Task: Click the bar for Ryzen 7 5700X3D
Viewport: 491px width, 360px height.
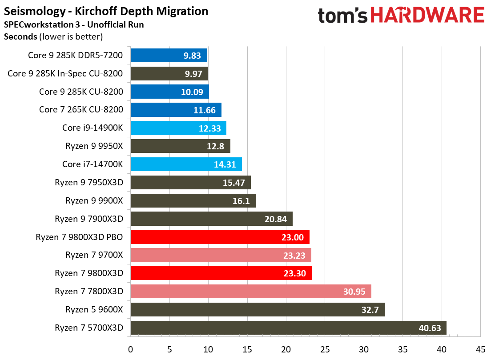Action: pyautogui.click(x=288, y=328)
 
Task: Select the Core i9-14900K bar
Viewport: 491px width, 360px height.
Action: pyautogui.click(x=178, y=128)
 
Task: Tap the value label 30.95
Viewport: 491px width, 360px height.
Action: pyautogui.click(x=354, y=292)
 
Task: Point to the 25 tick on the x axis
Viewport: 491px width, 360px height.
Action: pyautogui.click(x=325, y=349)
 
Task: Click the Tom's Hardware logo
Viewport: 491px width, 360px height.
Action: pyautogui.click(x=401, y=16)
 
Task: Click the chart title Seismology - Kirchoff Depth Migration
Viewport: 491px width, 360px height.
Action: pyautogui.click(x=106, y=11)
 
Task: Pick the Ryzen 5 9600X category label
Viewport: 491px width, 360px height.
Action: pyautogui.click(x=94, y=310)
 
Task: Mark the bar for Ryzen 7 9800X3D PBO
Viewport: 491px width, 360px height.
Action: pyautogui.click(x=220, y=237)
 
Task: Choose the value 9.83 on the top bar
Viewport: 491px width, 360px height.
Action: pyautogui.click(x=192, y=56)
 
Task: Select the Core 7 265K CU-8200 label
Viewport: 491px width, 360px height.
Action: pyautogui.click(x=81, y=110)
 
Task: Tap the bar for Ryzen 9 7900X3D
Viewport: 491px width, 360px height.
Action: pyautogui.click(x=211, y=219)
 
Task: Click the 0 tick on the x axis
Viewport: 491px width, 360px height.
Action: pyautogui.click(x=130, y=349)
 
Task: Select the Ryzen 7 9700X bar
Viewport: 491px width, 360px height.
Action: pyautogui.click(x=221, y=255)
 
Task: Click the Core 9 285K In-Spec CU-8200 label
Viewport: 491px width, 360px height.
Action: pyautogui.click(x=65, y=73)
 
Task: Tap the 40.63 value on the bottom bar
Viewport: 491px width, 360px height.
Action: pyautogui.click(x=430, y=328)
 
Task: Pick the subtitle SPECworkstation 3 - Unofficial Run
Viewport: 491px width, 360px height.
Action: pyautogui.click(x=73, y=24)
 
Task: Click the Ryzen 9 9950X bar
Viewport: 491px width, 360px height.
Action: pyautogui.click(x=180, y=146)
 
